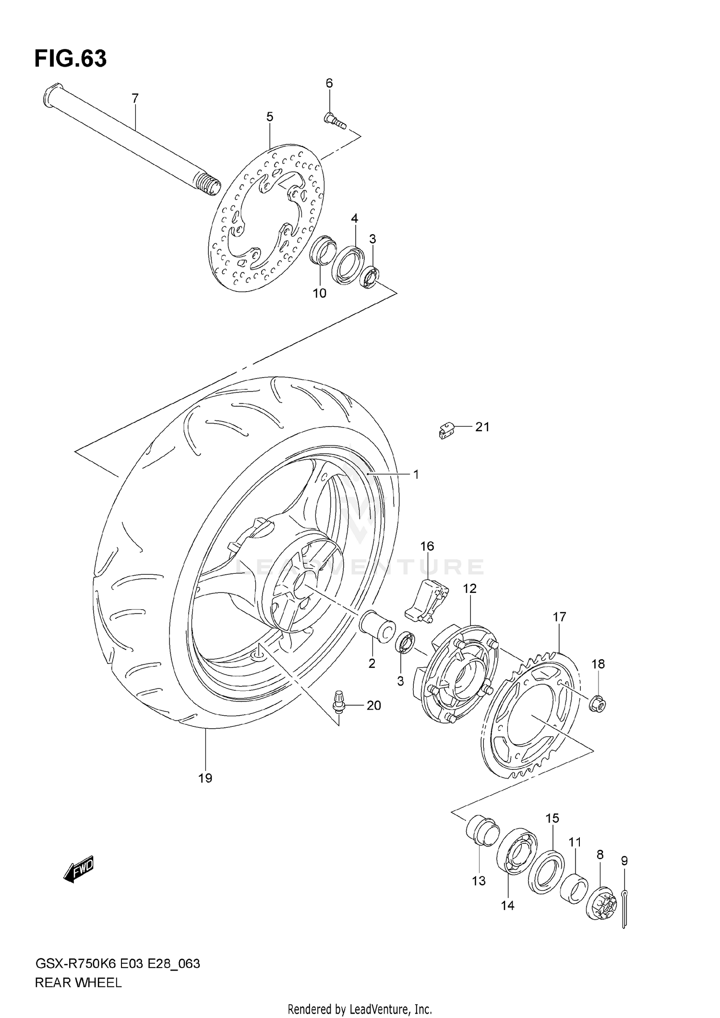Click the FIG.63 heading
coord(71,59)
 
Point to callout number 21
coord(482,426)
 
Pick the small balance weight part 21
coord(446,429)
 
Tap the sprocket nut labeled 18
coord(598,704)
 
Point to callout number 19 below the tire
coord(205,778)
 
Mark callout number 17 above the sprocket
coord(559,616)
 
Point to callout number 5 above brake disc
coord(269,117)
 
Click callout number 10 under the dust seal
coord(320,293)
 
